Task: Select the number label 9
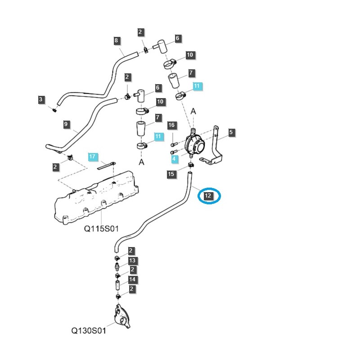point(66,124)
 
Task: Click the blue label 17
point(92,157)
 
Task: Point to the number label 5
point(231,132)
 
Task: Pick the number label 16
point(171,125)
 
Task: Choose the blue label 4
point(174,159)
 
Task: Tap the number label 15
point(171,174)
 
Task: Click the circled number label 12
point(208,196)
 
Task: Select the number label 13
point(132,261)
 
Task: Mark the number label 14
point(132,279)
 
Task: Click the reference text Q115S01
point(101,229)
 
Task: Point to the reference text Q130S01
point(89,331)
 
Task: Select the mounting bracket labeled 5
point(218,148)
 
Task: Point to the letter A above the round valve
point(193,111)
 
